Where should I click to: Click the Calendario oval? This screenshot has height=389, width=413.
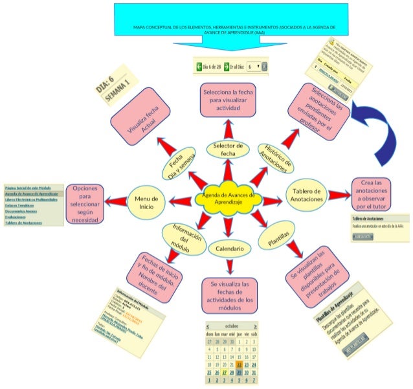pos(229,249)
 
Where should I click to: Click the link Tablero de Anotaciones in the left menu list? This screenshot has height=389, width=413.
pos(23,223)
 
